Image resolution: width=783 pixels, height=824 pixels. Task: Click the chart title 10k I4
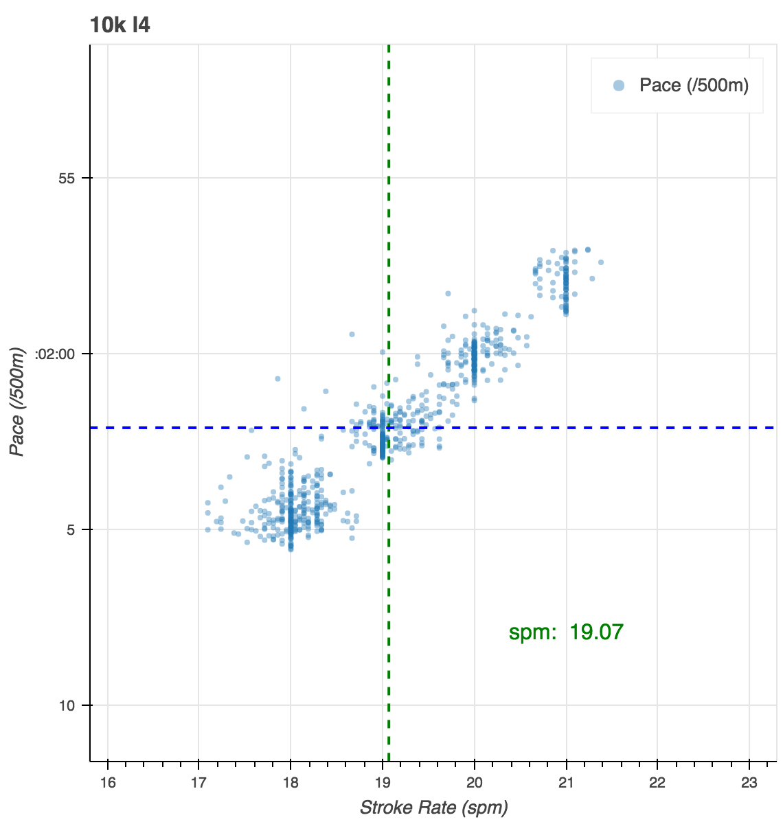click(x=120, y=25)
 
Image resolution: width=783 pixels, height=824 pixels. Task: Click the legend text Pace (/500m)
click(x=694, y=86)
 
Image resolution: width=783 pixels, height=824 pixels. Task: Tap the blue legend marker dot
click(x=619, y=86)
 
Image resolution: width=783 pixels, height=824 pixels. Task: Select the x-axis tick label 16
click(x=108, y=783)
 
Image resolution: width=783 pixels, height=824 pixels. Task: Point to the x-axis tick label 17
click(x=198, y=783)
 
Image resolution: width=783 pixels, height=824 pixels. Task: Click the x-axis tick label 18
click(x=291, y=783)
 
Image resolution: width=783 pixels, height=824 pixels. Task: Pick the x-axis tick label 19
click(x=383, y=783)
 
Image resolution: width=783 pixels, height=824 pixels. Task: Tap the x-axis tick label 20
click(x=474, y=783)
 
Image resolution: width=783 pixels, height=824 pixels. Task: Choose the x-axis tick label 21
click(x=566, y=783)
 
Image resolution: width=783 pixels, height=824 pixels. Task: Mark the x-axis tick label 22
click(x=657, y=783)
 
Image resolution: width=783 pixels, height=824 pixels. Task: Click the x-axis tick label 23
click(x=749, y=783)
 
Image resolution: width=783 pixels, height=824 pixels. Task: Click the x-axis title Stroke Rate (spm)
click(x=433, y=808)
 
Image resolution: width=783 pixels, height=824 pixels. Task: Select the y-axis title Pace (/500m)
click(x=19, y=402)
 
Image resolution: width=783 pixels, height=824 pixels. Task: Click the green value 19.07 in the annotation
click(x=596, y=632)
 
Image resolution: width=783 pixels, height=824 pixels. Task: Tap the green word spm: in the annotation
click(x=532, y=632)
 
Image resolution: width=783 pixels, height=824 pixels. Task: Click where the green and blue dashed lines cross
click(x=389, y=428)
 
